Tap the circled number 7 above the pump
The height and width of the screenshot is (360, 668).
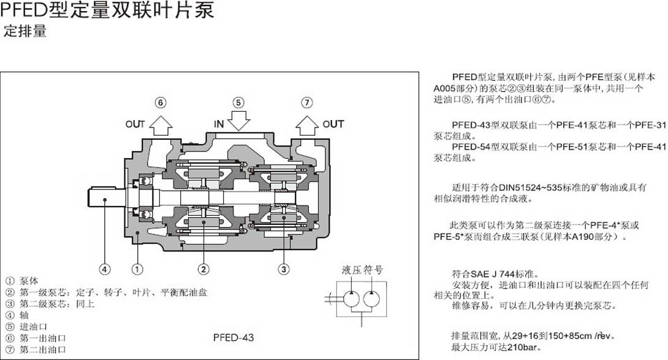pos(306,102)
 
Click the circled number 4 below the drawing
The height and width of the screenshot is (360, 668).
pos(105,268)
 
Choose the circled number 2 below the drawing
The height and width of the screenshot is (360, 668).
pos(203,268)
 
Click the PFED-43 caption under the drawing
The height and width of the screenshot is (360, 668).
pos(233,337)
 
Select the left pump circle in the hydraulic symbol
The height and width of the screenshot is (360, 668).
pos(351,299)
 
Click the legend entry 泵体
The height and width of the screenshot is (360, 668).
pos(29,281)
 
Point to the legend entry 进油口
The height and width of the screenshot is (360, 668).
pos(34,327)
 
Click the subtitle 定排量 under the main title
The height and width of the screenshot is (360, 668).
pos(25,31)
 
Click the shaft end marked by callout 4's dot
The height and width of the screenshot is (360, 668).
pos(106,199)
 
